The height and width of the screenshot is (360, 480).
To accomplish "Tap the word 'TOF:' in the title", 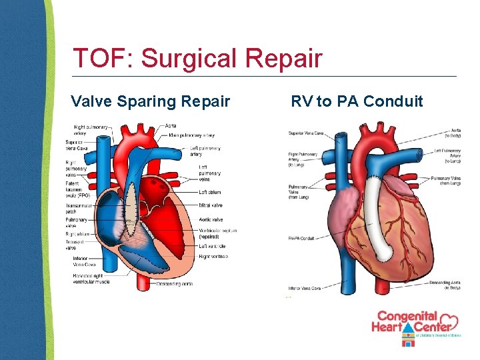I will pyautogui.click(x=103, y=59).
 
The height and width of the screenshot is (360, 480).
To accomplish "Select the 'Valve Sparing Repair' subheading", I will pyautogui.click(x=151, y=101).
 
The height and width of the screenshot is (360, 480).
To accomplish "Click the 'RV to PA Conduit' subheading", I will pyautogui.click(x=357, y=101).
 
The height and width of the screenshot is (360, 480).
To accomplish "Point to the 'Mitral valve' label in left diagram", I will pyautogui.click(x=211, y=205).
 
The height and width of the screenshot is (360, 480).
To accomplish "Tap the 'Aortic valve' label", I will pyautogui.click(x=211, y=219).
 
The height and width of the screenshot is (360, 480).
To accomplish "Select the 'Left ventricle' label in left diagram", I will pyautogui.click(x=213, y=246).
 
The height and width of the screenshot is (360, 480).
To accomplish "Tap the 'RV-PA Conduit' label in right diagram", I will pyautogui.click(x=301, y=238).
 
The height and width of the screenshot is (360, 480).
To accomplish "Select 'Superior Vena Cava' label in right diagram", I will pyautogui.click(x=305, y=133).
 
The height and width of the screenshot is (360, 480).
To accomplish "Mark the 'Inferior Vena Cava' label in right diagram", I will pyautogui.click(x=305, y=288).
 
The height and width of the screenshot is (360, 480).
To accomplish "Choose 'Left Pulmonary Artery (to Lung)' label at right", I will pyautogui.click(x=447, y=156).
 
